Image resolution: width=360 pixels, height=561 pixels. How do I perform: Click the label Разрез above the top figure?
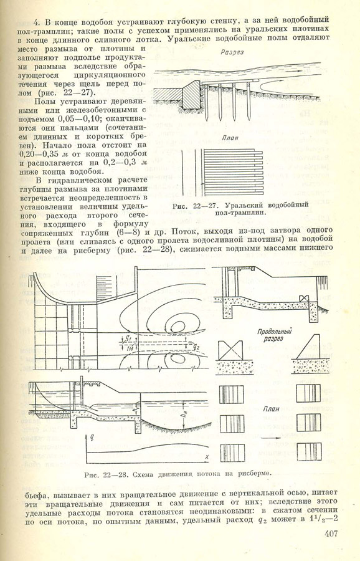click(232, 52)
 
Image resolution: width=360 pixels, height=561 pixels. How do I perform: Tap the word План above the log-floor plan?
click(230, 138)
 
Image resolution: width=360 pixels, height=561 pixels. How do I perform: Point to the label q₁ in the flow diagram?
click(124, 340)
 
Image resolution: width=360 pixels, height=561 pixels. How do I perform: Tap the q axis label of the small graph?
click(92, 437)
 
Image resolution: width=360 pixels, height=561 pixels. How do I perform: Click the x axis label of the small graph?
click(207, 456)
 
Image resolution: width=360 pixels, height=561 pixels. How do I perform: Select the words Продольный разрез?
click(274, 335)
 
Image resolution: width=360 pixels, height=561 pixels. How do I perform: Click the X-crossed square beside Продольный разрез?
click(231, 349)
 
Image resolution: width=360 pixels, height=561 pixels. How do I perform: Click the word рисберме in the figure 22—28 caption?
click(253, 474)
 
